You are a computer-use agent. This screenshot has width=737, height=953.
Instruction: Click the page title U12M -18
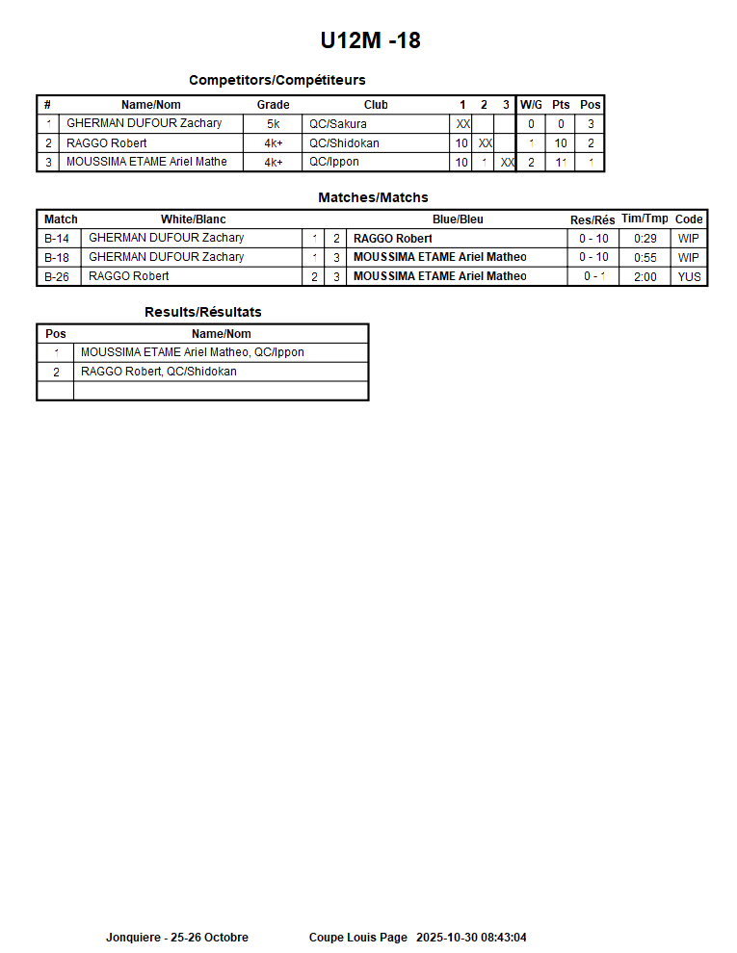tap(370, 40)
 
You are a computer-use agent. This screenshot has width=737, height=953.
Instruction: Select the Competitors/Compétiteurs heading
tap(276, 80)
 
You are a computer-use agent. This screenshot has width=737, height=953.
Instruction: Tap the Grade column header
tap(273, 105)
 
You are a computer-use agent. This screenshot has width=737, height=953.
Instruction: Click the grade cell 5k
tap(274, 124)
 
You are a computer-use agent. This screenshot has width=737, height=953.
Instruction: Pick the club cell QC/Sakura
tap(337, 124)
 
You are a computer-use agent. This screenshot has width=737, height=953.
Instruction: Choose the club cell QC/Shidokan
tap(344, 143)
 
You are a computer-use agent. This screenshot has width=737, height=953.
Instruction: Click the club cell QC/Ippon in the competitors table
tap(335, 162)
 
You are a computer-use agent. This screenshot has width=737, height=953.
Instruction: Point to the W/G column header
tap(531, 105)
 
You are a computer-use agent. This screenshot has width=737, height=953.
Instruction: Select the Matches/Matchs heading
tap(373, 197)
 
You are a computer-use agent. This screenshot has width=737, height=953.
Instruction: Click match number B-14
tap(57, 239)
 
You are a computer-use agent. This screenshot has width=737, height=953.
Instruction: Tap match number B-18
tap(57, 258)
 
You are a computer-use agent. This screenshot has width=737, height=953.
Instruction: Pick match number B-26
tap(57, 277)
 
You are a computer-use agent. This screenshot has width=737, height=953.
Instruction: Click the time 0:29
tap(645, 239)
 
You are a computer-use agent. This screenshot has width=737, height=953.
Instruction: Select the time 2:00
tap(645, 277)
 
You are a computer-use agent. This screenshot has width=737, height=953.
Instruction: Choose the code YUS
tap(689, 277)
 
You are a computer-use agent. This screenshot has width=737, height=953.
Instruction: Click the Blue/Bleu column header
tap(458, 219)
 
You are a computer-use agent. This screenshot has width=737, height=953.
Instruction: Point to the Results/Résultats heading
tap(202, 312)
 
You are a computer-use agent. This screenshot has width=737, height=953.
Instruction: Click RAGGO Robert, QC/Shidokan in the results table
tap(158, 372)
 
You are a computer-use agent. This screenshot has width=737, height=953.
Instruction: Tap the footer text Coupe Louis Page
tap(357, 938)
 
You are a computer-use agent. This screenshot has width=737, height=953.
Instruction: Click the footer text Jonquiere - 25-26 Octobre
tap(176, 938)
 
